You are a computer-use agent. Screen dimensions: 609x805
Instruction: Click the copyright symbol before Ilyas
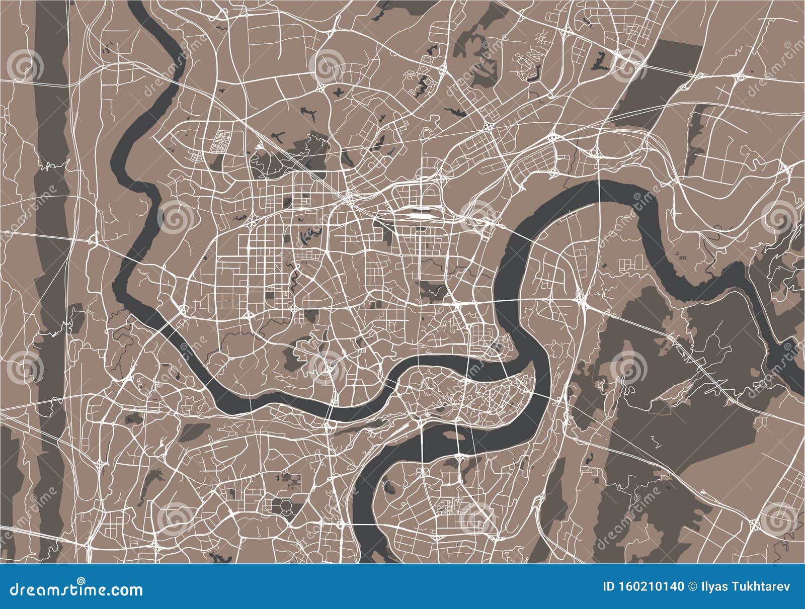(x=692, y=586)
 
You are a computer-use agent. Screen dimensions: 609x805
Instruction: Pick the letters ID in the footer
(x=609, y=586)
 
